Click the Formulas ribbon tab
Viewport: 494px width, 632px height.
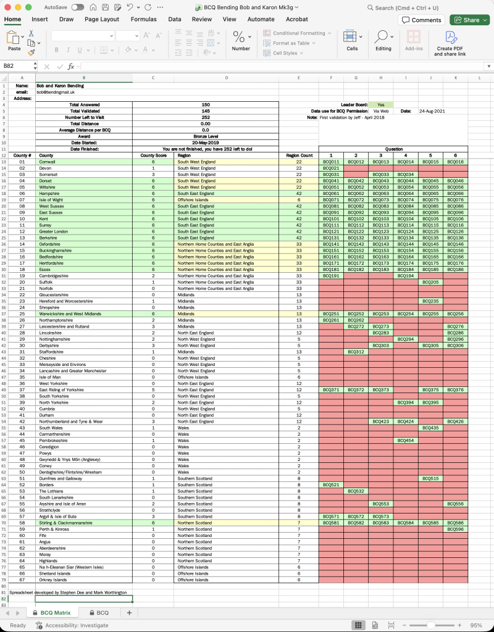click(x=143, y=19)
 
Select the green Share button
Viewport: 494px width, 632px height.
click(x=469, y=20)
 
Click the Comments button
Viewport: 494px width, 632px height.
click(x=422, y=20)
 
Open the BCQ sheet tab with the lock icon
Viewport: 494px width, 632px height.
click(x=99, y=613)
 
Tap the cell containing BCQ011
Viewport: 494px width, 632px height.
click(x=331, y=162)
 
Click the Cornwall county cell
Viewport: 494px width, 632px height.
click(x=48, y=162)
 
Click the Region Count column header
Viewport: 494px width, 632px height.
click(x=299, y=156)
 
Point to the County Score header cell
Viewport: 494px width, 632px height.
click(x=153, y=156)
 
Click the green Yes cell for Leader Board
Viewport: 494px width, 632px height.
click(x=380, y=105)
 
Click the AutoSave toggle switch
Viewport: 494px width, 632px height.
click(x=78, y=7)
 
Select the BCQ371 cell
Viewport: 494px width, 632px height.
click(x=331, y=390)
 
